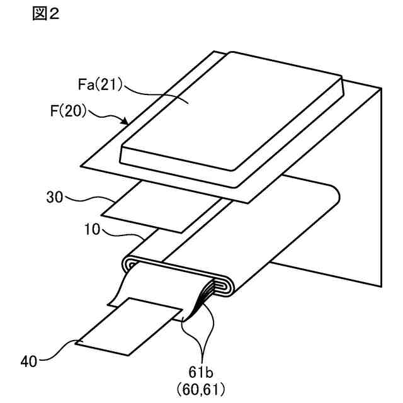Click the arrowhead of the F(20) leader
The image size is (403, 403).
pyautogui.click(x=128, y=123)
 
